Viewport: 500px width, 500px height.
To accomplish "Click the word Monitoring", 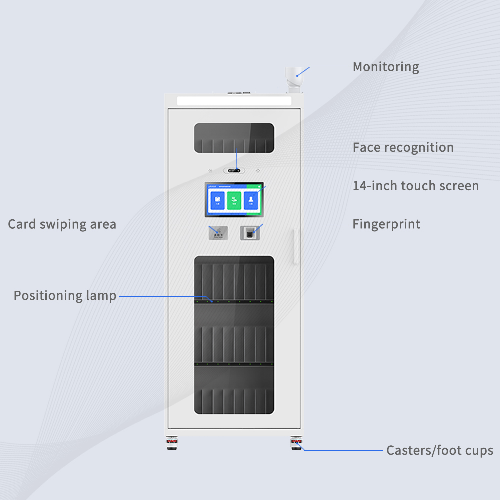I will click(x=385, y=67).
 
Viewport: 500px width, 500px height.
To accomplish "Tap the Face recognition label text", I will click(x=403, y=148).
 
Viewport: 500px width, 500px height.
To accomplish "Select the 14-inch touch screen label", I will click(x=415, y=186).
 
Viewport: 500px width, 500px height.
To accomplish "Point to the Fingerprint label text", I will click(x=386, y=224).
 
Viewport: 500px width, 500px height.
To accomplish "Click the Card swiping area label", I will click(x=62, y=225).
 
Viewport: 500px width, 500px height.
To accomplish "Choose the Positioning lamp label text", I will click(x=65, y=296).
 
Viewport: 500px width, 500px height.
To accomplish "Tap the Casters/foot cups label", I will click(x=439, y=451).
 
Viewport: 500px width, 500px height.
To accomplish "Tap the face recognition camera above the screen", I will click(x=234, y=170).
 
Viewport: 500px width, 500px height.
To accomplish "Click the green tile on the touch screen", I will click(x=234, y=200).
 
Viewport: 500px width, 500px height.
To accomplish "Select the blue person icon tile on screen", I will click(x=251, y=200).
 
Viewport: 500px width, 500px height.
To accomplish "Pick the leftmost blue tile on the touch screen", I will click(x=217, y=200).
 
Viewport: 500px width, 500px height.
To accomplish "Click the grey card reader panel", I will click(x=218, y=232).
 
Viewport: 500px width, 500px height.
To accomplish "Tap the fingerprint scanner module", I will click(x=250, y=232).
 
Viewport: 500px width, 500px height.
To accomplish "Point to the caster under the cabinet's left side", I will click(x=172, y=443).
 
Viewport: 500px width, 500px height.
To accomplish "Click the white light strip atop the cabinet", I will click(x=234, y=101).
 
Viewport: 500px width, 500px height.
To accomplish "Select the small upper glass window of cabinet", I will click(x=234, y=138).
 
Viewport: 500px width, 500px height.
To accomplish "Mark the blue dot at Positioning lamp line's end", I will click(x=211, y=301).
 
